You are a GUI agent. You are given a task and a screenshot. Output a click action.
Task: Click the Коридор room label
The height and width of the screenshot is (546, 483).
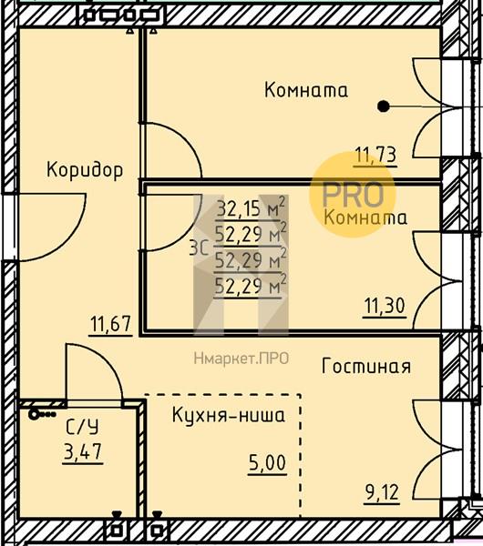point(85,170)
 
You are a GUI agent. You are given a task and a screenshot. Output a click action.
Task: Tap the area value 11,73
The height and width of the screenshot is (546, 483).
point(375,155)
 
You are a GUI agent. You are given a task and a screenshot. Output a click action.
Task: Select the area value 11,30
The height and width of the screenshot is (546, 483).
point(385,306)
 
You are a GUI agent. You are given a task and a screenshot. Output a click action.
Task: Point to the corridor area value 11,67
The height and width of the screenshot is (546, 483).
point(110,324)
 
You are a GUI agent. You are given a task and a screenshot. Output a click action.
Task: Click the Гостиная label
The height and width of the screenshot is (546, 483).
point(366,367)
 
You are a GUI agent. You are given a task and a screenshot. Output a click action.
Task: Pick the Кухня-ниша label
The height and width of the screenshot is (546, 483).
point(229,415)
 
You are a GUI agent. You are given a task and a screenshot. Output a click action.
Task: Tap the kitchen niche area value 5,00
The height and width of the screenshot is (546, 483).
point(267,463)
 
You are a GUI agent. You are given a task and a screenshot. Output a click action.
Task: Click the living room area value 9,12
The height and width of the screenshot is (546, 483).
point(382,492)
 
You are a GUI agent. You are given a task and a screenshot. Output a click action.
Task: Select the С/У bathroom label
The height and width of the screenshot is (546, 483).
point(82,427)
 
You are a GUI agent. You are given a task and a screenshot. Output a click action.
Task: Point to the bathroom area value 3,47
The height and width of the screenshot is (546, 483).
point(83,451)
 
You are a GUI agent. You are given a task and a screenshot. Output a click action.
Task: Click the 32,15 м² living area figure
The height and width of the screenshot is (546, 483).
point(251,207)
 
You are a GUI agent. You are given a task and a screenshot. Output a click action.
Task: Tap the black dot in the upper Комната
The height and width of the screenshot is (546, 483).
point(384,106)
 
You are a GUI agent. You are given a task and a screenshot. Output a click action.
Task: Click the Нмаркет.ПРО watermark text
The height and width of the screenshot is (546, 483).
point(241,359)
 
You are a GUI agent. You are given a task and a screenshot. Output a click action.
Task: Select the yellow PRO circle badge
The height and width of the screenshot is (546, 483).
point(353,195)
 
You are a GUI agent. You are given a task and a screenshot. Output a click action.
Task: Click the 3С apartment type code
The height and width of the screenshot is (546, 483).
point(200,248)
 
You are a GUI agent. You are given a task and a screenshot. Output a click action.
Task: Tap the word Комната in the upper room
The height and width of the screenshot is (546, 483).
point(306,90)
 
